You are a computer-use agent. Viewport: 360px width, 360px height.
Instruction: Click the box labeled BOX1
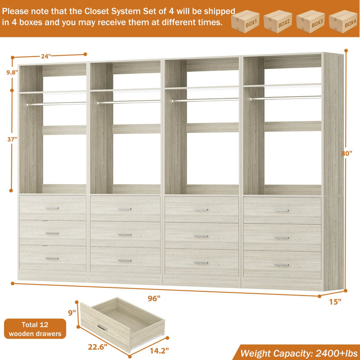[247, 21]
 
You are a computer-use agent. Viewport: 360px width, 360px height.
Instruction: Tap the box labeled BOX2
[279, 21]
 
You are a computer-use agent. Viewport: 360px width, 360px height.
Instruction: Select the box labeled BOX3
[311, 21]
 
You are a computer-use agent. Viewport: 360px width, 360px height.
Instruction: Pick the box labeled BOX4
[344, 21]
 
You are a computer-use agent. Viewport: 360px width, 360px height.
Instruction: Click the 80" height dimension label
[346, 153]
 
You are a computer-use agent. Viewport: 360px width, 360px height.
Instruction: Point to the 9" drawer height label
[71, 310]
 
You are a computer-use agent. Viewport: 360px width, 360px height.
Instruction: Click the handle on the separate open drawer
[102, 327]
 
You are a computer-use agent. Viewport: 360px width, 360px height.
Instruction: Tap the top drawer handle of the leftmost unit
[52, 208]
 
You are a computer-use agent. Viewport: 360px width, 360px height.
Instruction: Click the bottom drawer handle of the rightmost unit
[282, 265]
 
